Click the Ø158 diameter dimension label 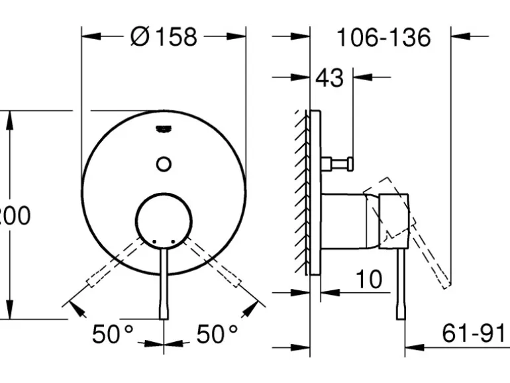[164, 37]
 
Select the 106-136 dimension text [383, 37]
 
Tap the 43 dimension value [329, 78]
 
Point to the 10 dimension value [368, 279]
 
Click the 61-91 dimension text [474, 333]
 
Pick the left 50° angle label [113, 334]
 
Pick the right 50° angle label [217, 334]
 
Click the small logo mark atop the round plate [163, 129]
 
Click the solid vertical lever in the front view [164, 285]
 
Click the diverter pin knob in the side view [338, 162]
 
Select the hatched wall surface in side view [301, 192]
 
